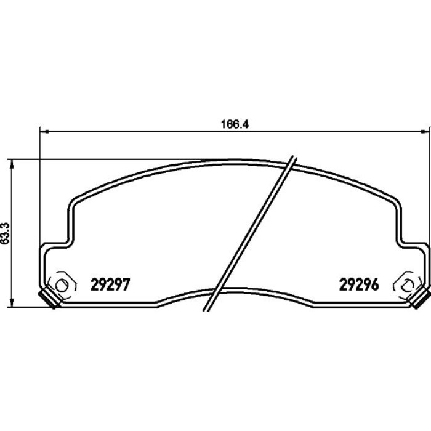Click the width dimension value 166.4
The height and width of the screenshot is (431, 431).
pos(235,124)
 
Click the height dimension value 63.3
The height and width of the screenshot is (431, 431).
pos(6,233)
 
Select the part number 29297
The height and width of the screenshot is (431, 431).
pos(110,284)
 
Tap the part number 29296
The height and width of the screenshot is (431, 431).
pos(359,284)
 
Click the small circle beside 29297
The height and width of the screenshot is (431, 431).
pos(61,285)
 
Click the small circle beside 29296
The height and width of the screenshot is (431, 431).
pos(408,285)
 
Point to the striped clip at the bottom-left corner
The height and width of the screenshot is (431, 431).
pos(49,299)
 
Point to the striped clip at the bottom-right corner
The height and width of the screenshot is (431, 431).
pos(420,299)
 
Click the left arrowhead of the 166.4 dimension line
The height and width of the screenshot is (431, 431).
pos(44,132)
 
